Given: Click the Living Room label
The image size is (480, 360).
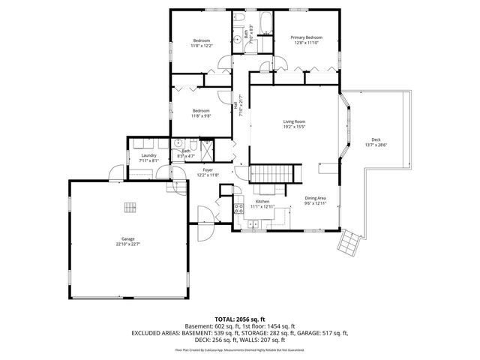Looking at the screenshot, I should (x=293, y=121).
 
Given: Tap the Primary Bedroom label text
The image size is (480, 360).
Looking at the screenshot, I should (x=307, y=37).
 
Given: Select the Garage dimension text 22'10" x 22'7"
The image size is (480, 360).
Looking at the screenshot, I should (x=128, y=244).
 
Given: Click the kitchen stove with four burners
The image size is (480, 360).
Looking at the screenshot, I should (x=240, y=208).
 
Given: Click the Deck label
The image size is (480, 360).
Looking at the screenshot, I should (x=375, y=140).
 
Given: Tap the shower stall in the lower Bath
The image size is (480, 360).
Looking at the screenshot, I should (x=202, y=146).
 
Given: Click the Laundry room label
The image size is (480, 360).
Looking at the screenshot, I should (x=148, y=155).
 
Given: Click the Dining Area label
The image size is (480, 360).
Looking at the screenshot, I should (x=315, y=198).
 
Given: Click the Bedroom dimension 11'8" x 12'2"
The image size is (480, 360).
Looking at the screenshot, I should (x=202, y=45).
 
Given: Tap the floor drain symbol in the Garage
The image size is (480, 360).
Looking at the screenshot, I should (x=129, y=208).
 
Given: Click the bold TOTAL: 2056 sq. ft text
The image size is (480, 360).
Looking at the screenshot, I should (x=240, y=318).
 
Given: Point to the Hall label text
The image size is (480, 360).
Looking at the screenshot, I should (x=235, y=107).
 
